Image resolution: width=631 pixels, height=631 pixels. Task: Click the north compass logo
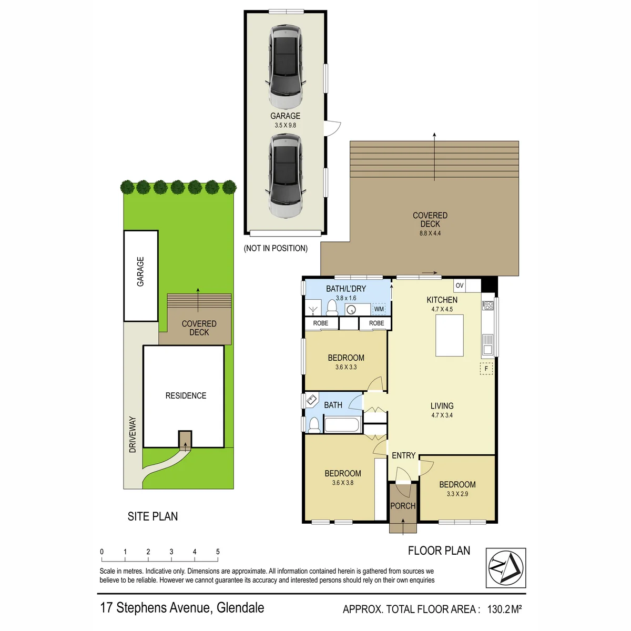[505, 567]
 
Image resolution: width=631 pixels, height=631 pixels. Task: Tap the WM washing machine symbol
[379, 309]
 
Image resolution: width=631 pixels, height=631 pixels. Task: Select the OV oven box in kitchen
[460, 285]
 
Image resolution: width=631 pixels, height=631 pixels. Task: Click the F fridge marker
[486, 369]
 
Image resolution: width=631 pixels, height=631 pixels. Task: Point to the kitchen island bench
[449, 335]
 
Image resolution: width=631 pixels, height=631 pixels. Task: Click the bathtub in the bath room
[342, 425]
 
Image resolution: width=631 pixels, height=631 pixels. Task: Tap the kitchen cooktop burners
[488, 306]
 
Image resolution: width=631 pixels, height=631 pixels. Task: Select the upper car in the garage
[285, 67]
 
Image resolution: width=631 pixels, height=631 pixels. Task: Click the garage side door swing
[333, 128]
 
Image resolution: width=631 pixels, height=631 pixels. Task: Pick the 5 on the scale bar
[218, 552]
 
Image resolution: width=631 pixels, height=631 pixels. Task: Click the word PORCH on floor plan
[403, 506]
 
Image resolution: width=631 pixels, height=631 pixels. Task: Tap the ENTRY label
[403, 455]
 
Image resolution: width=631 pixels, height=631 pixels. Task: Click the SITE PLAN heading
[152, 516]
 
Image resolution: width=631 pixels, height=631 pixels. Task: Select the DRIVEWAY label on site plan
[133, 434]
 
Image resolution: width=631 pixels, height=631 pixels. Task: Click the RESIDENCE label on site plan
[186, 395]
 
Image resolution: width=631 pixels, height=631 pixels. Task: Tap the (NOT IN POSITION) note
[276, 248]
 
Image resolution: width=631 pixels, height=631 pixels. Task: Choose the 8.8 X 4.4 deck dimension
[430, 233]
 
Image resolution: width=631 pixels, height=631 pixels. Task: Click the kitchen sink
[487, 344]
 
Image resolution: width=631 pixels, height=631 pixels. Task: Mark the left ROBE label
[321, 323]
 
